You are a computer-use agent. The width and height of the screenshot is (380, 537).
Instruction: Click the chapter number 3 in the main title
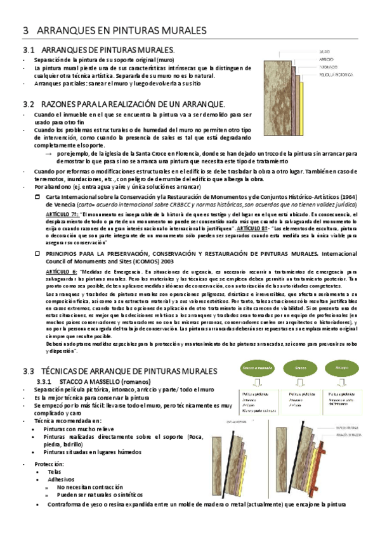click(25, 30)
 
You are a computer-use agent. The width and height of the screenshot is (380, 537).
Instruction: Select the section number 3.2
click(28, 103)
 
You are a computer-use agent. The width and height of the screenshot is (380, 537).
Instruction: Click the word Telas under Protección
click(54, 472)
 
